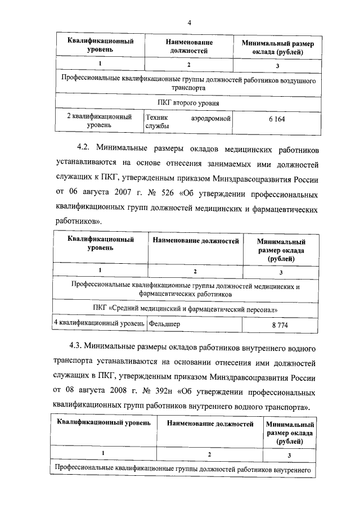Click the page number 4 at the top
tap(189, 22)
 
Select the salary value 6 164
tap(278, 121)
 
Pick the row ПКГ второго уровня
tap(188, 103)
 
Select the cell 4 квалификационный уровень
tap(99, 325)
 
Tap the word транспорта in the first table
tap(188, 88)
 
